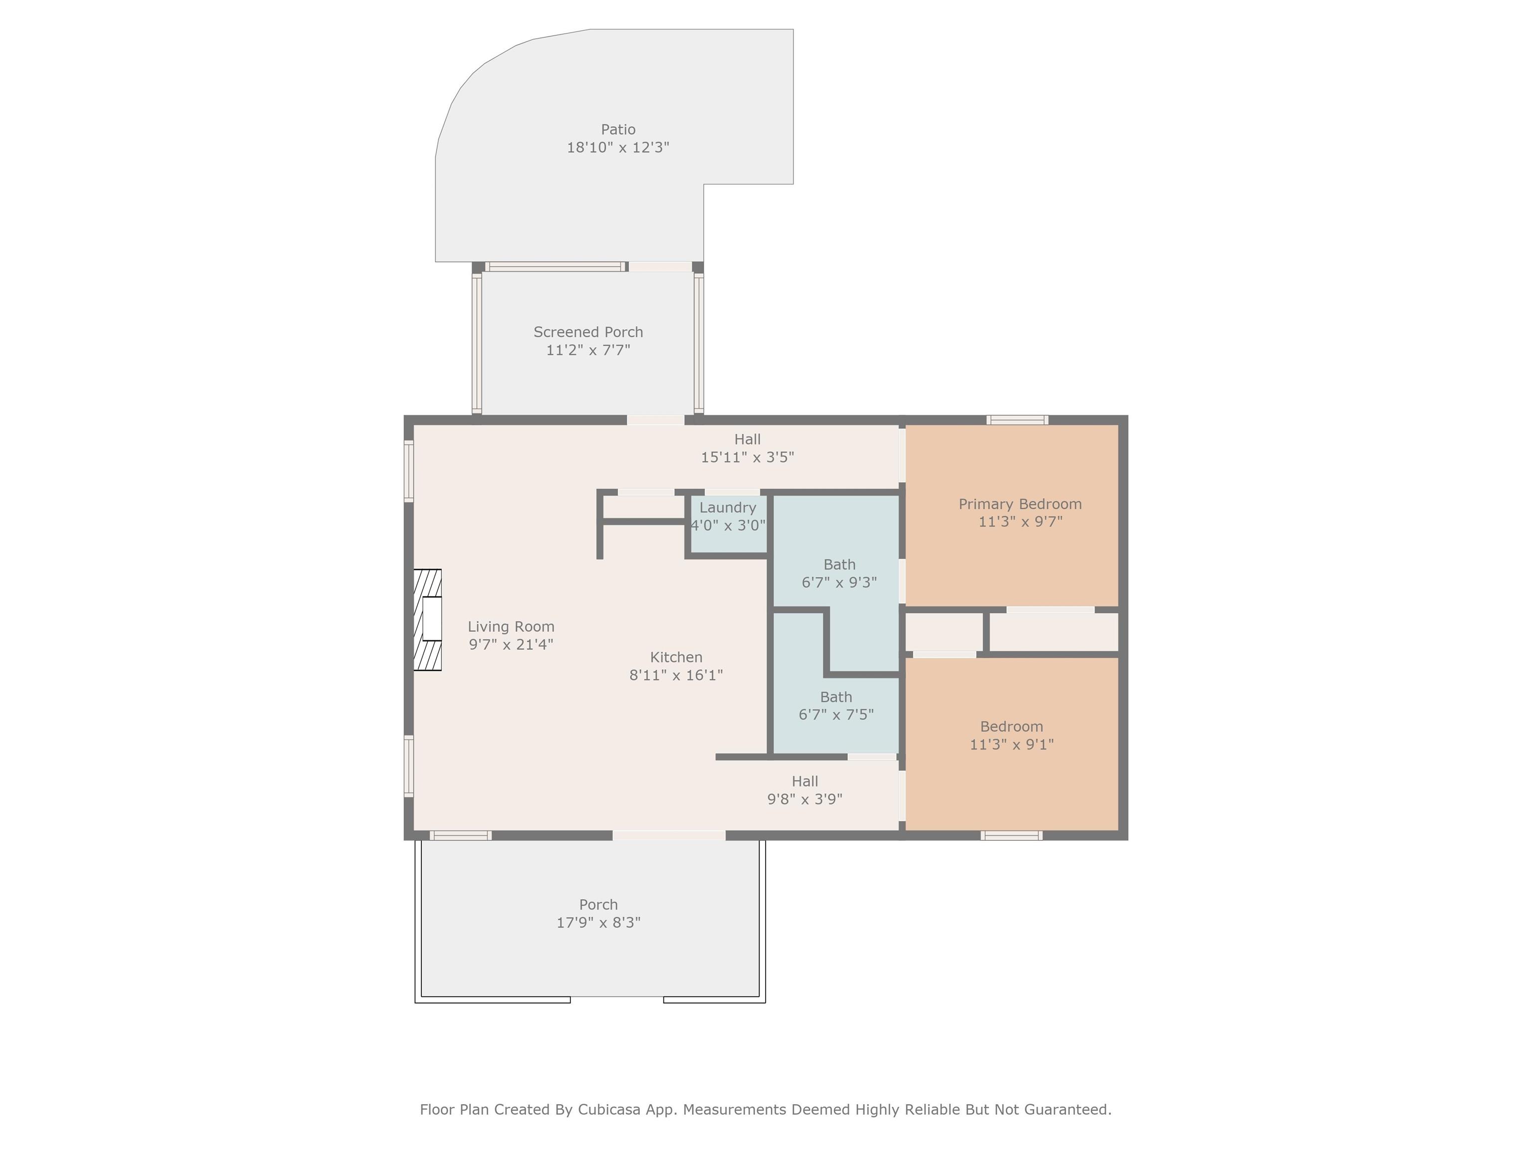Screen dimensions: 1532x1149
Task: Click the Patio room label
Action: pos(618,130)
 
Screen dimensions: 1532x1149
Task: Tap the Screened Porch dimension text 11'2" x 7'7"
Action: pos(588,350)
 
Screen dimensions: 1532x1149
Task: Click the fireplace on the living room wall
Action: pos(427,620)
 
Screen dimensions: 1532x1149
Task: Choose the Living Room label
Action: pos(511,627)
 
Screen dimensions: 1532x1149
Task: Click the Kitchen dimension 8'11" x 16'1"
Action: pos(676,675)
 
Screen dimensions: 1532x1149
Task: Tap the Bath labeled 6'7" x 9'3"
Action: pos(839,574)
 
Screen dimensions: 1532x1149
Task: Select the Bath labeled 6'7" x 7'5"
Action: pos(836,706)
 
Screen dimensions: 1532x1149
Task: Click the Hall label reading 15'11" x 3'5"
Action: pos(748,448)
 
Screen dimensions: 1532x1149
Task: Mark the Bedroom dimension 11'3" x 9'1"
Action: pos(1012,745)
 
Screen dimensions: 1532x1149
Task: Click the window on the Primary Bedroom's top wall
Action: pos(1017,420)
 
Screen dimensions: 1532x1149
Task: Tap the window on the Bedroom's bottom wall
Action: pos(1012,836)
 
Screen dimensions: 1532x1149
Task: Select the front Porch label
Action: pos(598,905)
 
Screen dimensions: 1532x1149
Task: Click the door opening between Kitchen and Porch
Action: pos(669,836)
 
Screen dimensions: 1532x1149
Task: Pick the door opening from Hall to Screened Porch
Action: pos(656,420)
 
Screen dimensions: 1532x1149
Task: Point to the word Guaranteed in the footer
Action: pos(1068,1110)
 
